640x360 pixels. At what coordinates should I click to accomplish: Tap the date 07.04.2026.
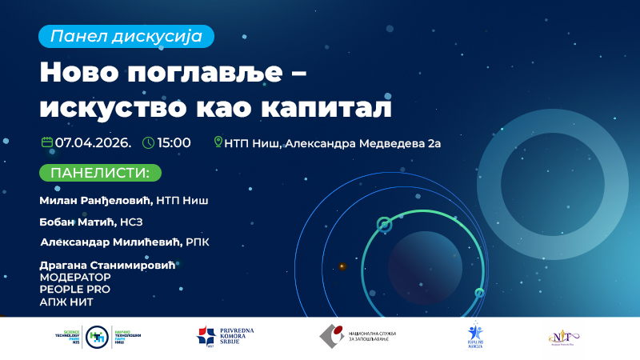[93, 143]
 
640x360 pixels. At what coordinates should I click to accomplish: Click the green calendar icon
[47, 142]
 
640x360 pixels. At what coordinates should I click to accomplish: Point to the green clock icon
[148, 143]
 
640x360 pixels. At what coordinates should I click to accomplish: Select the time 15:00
[174, 143]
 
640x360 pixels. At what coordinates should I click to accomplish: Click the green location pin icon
[218, 143]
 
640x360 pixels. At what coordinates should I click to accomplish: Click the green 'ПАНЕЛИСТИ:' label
[100, 173]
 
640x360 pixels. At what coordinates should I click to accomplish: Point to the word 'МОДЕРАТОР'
[75, 277]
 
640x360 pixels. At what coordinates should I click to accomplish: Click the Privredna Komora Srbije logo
[226, 336]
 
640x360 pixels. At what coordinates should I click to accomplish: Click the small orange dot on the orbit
[342, 266]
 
